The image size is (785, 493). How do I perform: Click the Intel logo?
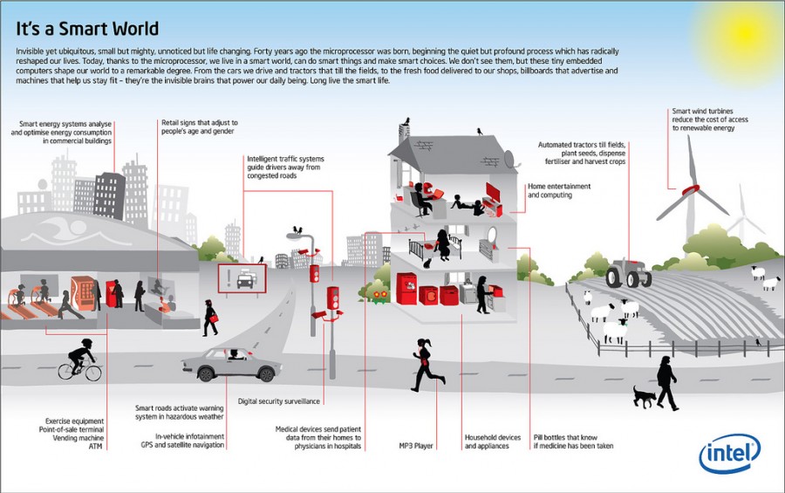729,455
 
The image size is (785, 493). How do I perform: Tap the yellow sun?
752,26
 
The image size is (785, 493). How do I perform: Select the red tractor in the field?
628,273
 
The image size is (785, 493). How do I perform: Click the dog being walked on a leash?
645,398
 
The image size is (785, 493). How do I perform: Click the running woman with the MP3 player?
426,364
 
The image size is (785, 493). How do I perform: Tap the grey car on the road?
230,361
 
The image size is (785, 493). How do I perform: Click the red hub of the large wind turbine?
691,189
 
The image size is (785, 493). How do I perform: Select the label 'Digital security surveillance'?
279,401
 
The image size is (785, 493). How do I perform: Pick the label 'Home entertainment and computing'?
559,190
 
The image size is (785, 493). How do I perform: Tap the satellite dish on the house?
510,160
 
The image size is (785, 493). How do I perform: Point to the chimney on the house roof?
404,131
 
